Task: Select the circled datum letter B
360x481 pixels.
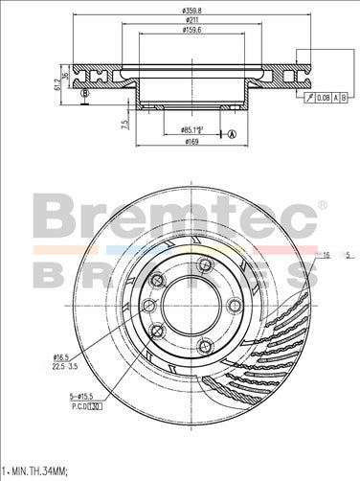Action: coord(85,93)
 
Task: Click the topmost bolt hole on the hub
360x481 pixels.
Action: coord(203,264)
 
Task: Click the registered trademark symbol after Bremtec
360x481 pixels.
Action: coord(322,205)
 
